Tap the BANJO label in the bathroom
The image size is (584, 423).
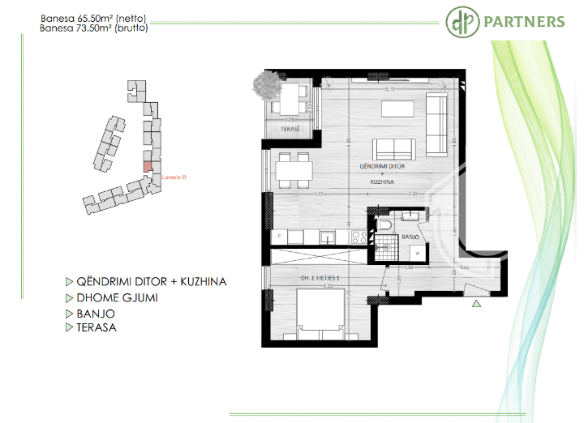(x=410, y=237)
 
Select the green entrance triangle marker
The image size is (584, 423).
(x=477, y=304)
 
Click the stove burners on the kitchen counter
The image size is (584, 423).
(x=356, y=237)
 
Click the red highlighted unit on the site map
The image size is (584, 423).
(x=147, y=166)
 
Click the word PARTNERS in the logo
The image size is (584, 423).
(x=524, y=21)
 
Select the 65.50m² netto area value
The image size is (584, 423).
(x=91, y=17)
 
